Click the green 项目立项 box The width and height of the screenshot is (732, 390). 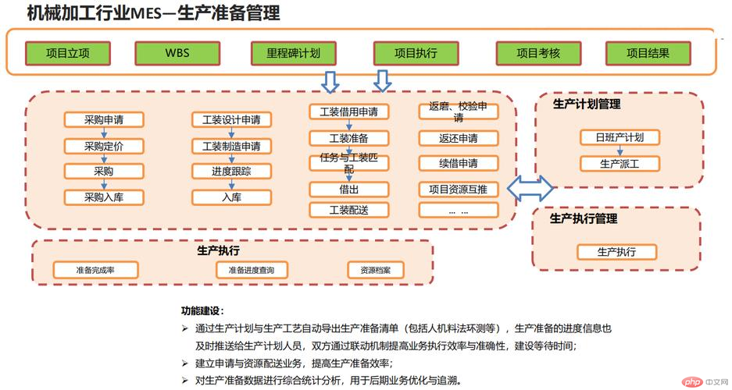68,53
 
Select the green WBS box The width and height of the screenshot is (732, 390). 177,53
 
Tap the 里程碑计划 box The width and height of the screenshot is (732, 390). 294,53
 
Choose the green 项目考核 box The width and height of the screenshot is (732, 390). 539,53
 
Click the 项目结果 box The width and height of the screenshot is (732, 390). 648,53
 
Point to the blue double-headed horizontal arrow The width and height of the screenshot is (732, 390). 530,188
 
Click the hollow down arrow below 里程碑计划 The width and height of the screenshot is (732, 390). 330,82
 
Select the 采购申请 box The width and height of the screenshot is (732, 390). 104,120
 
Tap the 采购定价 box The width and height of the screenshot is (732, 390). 104,147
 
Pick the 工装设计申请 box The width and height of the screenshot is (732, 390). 231,120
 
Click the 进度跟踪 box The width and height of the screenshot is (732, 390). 231,171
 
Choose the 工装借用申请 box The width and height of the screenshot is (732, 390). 348,112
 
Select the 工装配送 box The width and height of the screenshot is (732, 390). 348,210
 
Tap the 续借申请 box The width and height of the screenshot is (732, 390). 459,164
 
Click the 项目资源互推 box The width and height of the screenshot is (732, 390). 459,190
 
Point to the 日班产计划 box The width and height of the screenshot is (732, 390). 620,137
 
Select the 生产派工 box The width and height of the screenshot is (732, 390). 620,164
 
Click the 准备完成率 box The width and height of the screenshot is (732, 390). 95,270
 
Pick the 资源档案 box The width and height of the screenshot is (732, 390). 375,270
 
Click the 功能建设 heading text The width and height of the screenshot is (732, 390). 202,310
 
